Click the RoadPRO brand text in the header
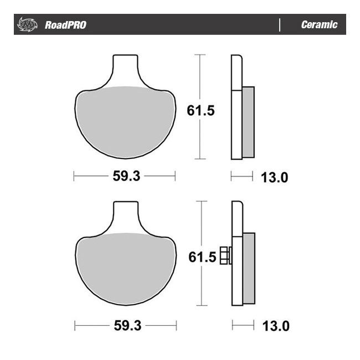point(65,25)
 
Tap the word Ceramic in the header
point(318,25)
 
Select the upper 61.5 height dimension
point(200,110)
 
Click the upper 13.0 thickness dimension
point(275,177)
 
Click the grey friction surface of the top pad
point(125,122)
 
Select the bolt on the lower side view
point(225,255)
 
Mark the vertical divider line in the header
point(280,25)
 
